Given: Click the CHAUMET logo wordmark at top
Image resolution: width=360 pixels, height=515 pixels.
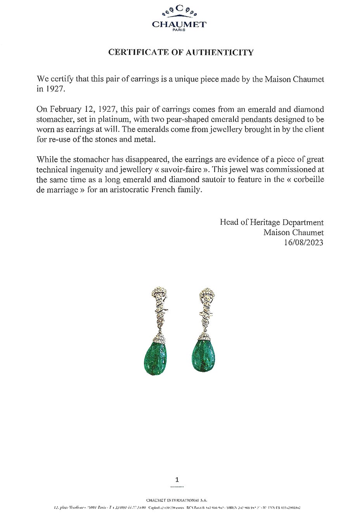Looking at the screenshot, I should pos(179,24).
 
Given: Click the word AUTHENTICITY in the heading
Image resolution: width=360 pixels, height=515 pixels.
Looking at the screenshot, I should pos(220,52).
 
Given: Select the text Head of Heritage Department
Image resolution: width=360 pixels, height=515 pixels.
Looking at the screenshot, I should pos(272,222).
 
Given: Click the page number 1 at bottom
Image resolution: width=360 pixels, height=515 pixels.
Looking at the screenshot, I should pos(177,480).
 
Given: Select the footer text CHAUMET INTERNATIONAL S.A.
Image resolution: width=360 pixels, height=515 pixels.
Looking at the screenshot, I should pos(177,500).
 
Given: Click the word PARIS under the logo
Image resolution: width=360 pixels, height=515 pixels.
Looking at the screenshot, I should pos(179,30).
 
